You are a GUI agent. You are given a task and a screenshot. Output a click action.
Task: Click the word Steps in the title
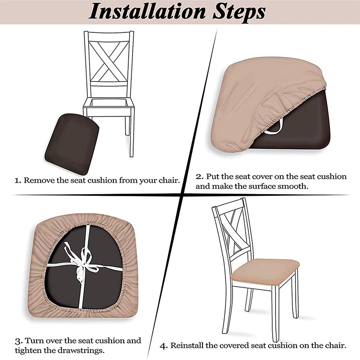pos(239,12)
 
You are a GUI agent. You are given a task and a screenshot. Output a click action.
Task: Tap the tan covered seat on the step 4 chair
pos(265,272)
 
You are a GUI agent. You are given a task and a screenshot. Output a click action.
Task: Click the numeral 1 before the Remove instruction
pos(18,181)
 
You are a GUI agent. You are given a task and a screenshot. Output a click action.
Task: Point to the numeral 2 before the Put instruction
pos(199,177)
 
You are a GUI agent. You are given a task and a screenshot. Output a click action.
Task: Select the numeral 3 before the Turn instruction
pos(18,342)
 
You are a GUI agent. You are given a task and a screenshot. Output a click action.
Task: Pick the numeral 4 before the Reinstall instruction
pos(164,346)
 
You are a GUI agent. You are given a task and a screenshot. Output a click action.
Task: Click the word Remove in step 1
pos(39,180)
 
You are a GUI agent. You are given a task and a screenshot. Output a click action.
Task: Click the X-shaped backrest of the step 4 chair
pos(234,232)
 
